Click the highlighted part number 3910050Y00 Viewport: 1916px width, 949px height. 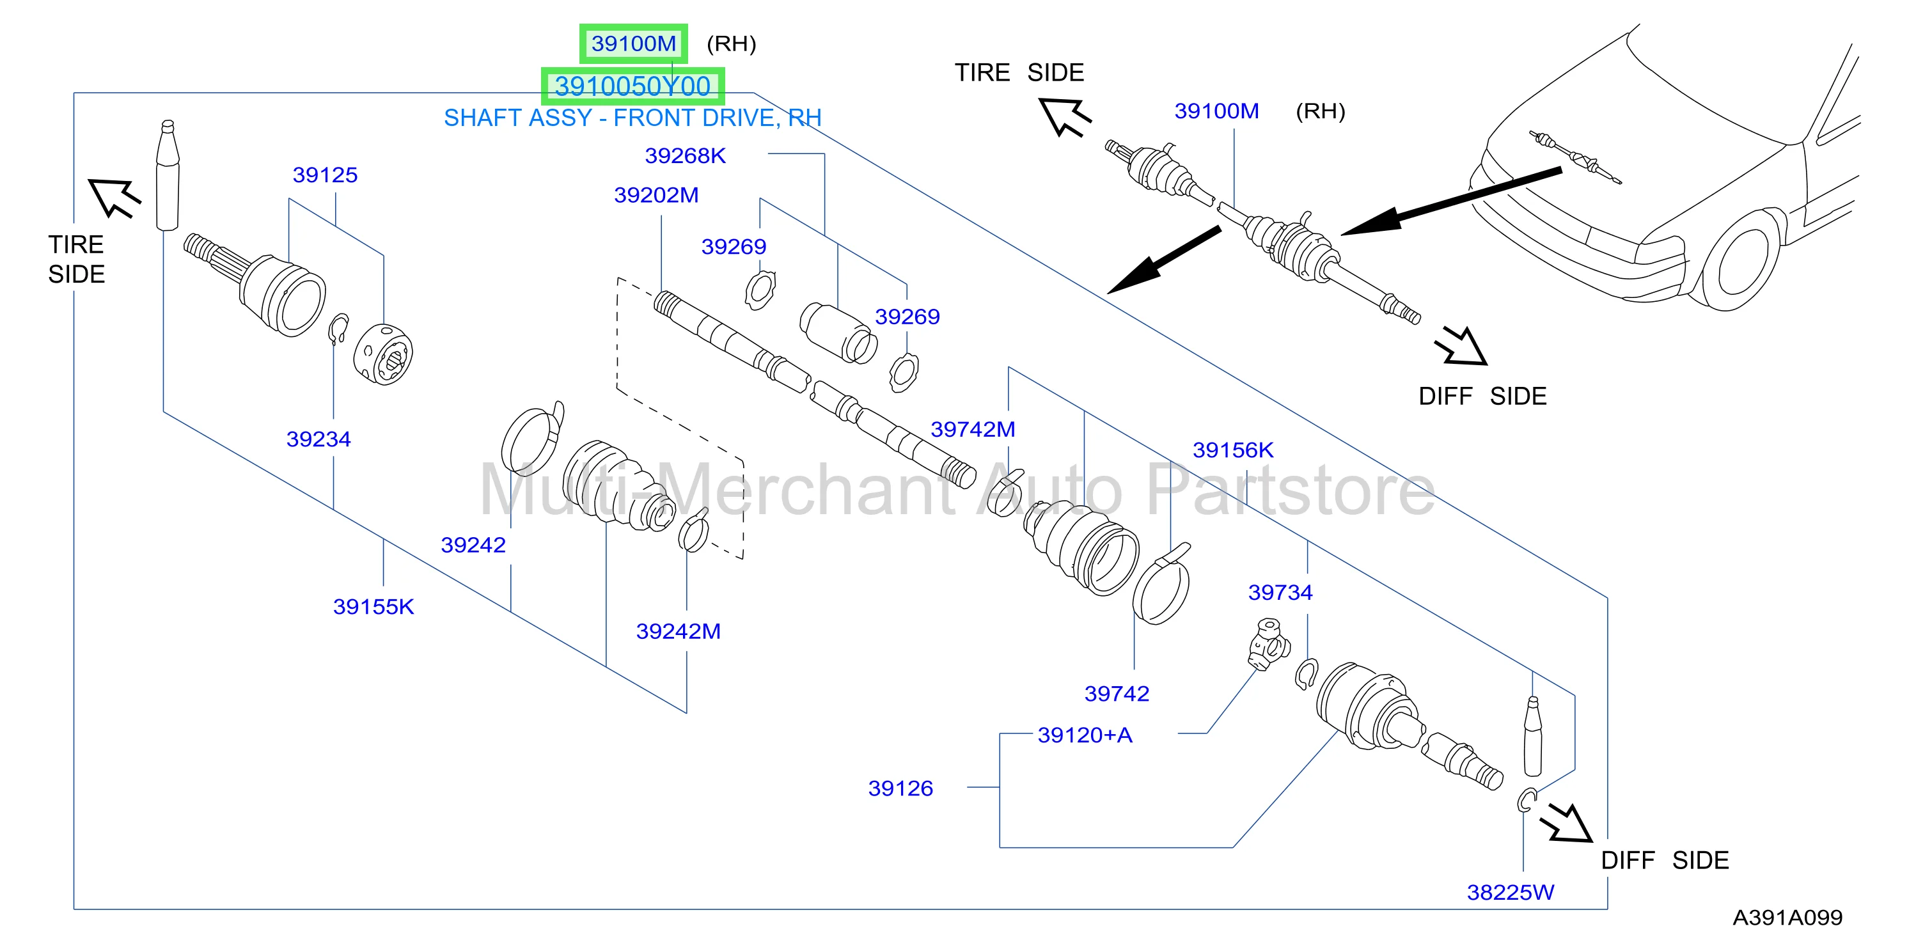pos(632,86)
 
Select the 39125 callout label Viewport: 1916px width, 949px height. pos(325,175)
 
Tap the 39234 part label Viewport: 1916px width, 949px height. pos(318,439)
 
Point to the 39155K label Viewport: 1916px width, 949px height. pos(373,606)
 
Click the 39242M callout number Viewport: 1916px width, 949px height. pos(679,631)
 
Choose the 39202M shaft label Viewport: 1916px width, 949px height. pos(656,195)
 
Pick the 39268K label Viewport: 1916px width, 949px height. pos(685,155)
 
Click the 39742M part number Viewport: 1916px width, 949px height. pos(973,429)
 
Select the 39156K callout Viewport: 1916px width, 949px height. pos(1233,450)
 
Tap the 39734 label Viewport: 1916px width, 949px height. pos(1280,592)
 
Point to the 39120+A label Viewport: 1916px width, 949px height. pos(1085,735)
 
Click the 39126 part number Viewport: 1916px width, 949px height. pos(900,788)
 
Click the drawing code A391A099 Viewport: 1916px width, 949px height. pos(1787,917)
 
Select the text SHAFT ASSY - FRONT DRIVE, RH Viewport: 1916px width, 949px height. pos(633,118)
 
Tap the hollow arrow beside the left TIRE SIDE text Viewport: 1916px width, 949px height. pos(114,197)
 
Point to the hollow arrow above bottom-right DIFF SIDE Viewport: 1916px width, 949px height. pos(1566,822)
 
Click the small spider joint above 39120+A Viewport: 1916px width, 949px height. pos(1269,644)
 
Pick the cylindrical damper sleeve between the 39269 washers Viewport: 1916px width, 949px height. pos(838,333)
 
